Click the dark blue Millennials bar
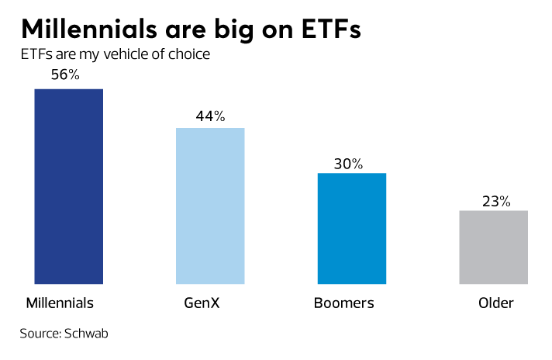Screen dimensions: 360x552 tap(69, 186)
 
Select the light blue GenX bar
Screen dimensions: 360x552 tap(210, 206)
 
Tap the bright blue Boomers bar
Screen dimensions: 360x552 tap(352, 228)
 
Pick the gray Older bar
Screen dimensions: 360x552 tap(494, 247)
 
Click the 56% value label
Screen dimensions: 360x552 tap(65, 76)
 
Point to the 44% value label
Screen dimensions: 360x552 tap(209, 116)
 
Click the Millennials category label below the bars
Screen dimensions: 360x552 tap(60, 303)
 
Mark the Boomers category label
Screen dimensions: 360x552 tap(343, 303)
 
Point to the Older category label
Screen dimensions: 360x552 tap(495, 303)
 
